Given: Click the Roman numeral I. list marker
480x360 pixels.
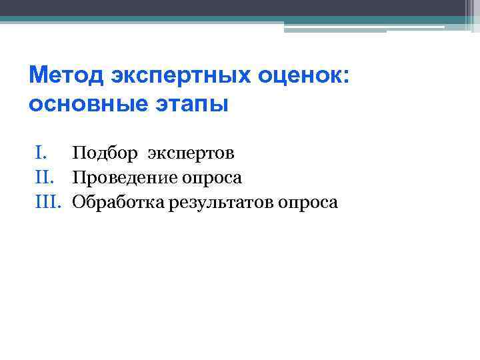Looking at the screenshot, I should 41,154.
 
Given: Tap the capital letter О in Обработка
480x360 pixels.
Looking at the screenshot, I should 78,202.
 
